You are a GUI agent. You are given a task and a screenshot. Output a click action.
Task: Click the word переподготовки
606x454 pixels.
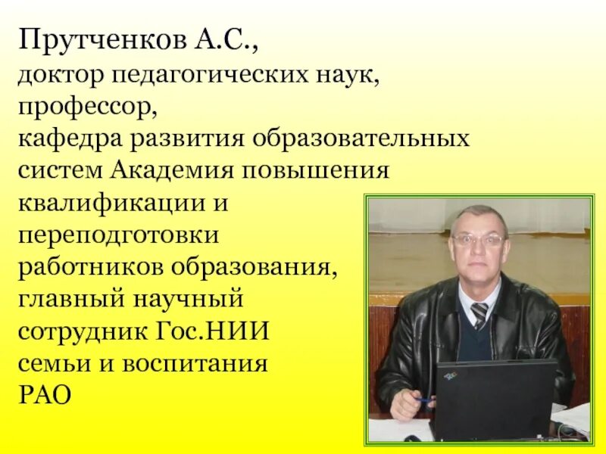point(119,235)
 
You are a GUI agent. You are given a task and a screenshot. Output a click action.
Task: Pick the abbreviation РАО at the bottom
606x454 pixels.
point(46,395)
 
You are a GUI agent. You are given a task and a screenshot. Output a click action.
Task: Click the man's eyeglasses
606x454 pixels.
point(478,240)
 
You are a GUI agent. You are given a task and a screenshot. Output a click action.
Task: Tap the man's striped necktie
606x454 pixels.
point(479,313)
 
